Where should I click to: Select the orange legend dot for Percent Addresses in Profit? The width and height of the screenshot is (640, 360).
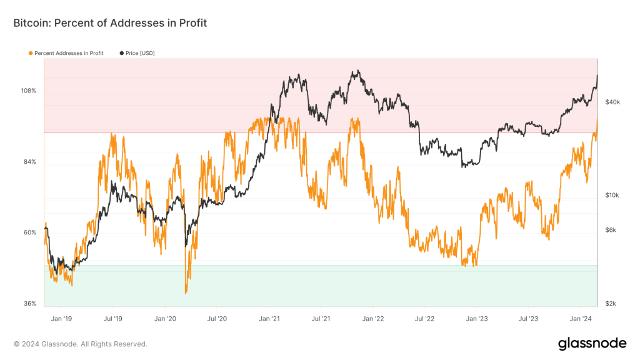31,53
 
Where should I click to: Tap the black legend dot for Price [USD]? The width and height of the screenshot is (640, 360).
121,53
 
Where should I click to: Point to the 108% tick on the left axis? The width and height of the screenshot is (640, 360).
29,91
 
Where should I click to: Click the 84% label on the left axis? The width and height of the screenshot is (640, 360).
30,162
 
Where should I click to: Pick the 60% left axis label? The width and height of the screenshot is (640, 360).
30,232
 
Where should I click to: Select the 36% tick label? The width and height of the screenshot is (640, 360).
30,304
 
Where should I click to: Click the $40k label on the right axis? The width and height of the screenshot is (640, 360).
612,102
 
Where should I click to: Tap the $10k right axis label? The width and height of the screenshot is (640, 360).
612,195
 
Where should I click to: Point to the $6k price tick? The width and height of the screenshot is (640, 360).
611,230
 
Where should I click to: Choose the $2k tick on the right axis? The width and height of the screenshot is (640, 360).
611,304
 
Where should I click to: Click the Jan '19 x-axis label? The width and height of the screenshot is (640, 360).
61,319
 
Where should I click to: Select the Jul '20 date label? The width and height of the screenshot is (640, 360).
217,319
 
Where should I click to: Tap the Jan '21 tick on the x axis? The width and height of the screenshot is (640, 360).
269,319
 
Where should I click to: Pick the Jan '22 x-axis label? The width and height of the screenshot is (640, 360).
372,319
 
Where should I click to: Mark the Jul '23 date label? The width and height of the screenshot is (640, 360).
529,319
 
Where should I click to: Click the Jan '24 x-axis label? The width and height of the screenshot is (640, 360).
581,319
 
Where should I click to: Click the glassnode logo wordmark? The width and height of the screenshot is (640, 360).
592,343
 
